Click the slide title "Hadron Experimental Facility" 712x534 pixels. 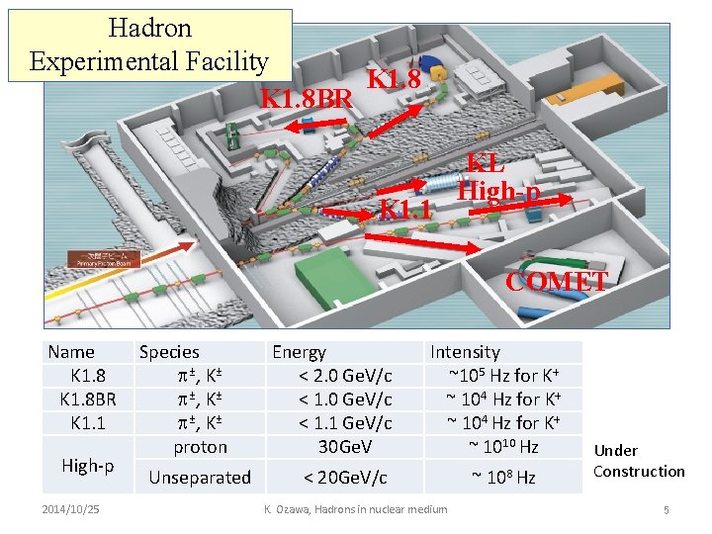[x=149, y=44]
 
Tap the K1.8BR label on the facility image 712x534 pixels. [x=307, y=99]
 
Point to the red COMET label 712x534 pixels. [x=556, y=281]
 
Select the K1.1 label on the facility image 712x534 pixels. [x=406, y=210]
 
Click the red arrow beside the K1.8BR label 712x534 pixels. [x=318, y=127]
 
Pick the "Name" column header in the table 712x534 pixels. [x=71, y=351]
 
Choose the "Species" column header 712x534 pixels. [x=169, y=351]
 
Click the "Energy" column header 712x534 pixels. [x=299, y=351]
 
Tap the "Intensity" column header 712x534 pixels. [x=465, y=351]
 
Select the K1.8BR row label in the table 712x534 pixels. [x=87, y=399]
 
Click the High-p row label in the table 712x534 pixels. [x=87, y=465]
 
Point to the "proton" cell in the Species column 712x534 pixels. [x=200, y=446]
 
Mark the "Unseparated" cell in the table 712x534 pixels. [x=200, y=478]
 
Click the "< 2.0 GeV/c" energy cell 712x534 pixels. [x=345, y=376]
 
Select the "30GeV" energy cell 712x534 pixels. [x=345, y=446]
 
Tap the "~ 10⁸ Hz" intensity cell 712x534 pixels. [x=503, y=478]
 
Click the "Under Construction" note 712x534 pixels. [x=639, y=461]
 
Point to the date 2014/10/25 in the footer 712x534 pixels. [x=72, y=509]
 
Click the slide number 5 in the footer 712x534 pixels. [x=667, y=509]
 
